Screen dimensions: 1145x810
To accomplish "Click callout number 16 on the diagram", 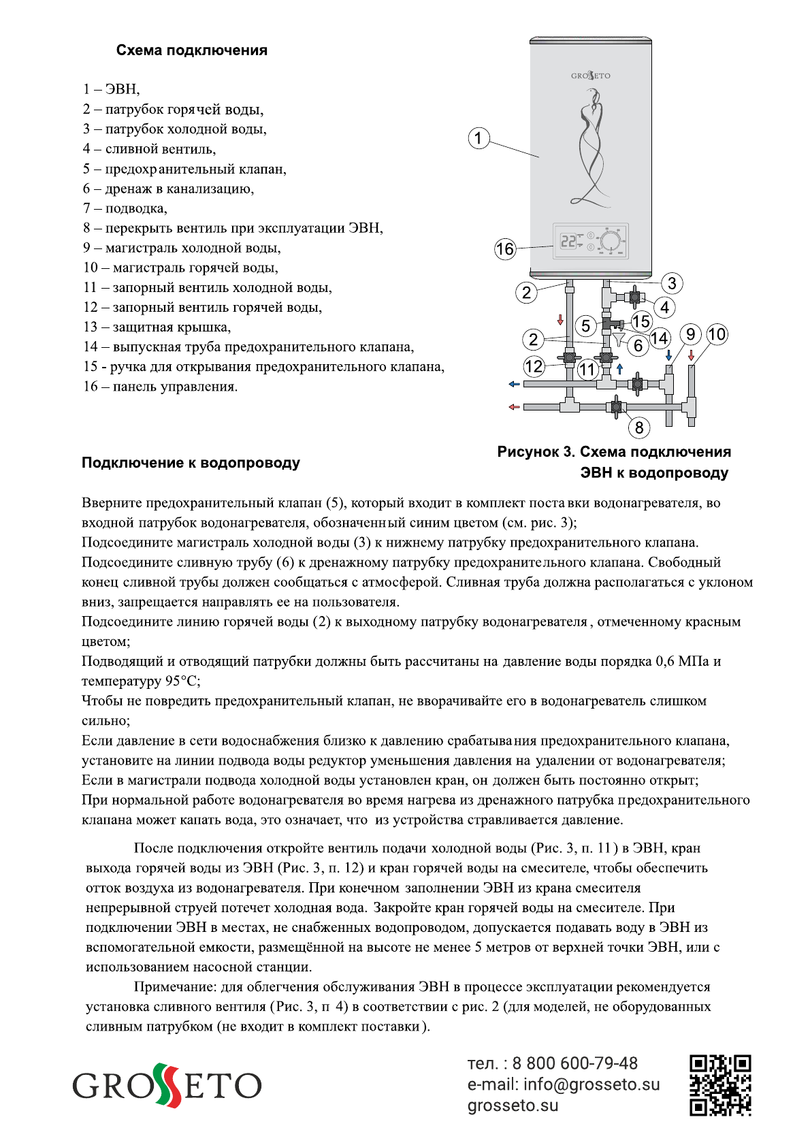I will tap(505, 249).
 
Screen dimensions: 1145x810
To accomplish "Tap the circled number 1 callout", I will tap(479, 138).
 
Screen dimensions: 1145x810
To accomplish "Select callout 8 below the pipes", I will tap(638, 428).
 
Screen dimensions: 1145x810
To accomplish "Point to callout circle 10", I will tap(717, 334).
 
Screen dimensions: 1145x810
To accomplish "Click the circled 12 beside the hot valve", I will tap(534, 366).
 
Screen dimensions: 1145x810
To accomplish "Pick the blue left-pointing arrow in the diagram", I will tap(514, 385).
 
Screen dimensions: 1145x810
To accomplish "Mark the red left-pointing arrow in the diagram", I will tap(514, 407).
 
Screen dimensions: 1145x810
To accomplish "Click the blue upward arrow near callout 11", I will tap(619, 368).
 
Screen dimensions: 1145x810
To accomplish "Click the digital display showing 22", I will tap(568, 241).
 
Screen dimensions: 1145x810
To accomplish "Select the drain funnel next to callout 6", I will tap(617, 338).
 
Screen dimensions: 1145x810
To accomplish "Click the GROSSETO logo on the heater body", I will tap(590, 76).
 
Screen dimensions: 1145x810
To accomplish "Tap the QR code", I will tap(720, 1085).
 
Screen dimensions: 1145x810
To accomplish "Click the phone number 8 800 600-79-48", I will tap(574, 1063).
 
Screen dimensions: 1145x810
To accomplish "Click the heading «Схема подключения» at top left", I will tap(191, 50).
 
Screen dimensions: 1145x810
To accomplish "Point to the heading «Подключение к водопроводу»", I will tap(191, 463).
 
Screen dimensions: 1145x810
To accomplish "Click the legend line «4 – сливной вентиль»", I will tap(149, 149).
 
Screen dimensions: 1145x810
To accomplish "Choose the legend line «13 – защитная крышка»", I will tap(157, 327).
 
